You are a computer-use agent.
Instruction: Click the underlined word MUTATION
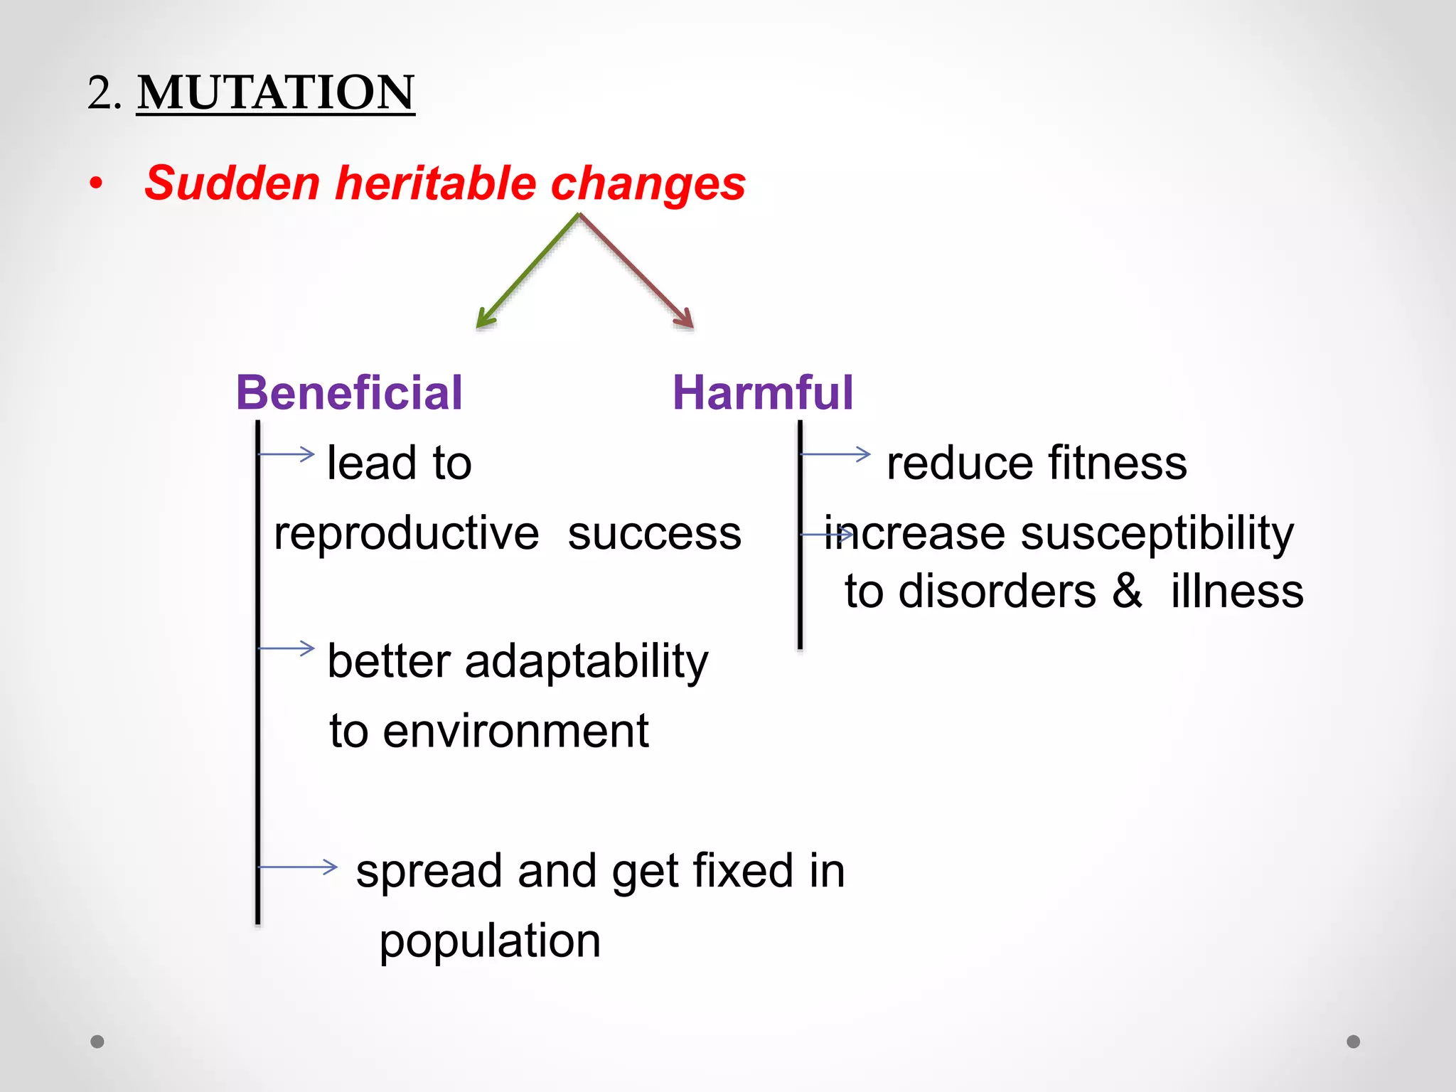pyautogui.click(x=275, y=92)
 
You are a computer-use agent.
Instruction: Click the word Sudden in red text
pyautogui.click(x=232, y=183)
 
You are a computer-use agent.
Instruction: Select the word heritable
pyautogui.click(x=435, y=183)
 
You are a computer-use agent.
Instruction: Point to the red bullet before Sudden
pyautogui.click(x=96, y=184)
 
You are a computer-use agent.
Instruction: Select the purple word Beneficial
pyautogui.click(x=348, y=392)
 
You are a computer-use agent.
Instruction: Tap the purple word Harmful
pyautogui.click(x=762, y=392)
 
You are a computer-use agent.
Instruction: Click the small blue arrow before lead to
pyautogui.click(x=287, y=454)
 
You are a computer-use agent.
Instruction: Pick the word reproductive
pyautogui.click(x=406, y=533)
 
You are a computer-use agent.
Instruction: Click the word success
pyautogui.click(x=654, y=533)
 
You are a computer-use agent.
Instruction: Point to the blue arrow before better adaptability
pyautogui.click(x=287, y=648)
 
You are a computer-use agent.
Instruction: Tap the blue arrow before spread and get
pyautogui.click(x=297, y=867)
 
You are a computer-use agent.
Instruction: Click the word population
pyautogui.click(x=490, y=941)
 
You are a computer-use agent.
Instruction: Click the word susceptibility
pyautogui.click(x=1157, y=533)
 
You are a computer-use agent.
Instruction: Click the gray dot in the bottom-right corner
pyautogui.click(x=1353, y=1042)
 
